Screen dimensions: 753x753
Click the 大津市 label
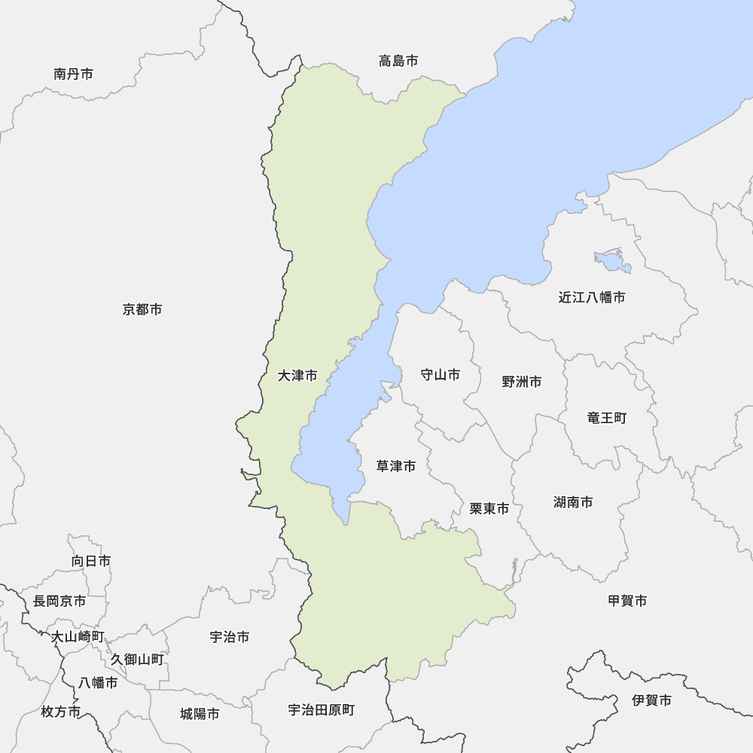297,375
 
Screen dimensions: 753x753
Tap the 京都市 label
142,309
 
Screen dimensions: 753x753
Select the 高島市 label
398,61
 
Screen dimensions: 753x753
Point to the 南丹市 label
74,74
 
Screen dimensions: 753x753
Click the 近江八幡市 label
592,297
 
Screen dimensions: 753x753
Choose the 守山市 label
440,374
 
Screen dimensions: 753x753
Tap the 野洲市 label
522,382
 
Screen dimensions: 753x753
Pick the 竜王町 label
607,417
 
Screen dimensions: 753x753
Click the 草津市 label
396,467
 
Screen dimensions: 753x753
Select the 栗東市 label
489,509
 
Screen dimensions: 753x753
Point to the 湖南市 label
573,502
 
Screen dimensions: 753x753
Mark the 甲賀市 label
627,601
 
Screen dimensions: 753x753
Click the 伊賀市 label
652,700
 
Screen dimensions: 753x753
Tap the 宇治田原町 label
322,710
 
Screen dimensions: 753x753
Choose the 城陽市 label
200,713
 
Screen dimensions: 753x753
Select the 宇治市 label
230,637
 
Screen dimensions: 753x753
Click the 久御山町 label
137,660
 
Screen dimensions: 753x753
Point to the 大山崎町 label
78,637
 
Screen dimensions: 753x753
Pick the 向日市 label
91,561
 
